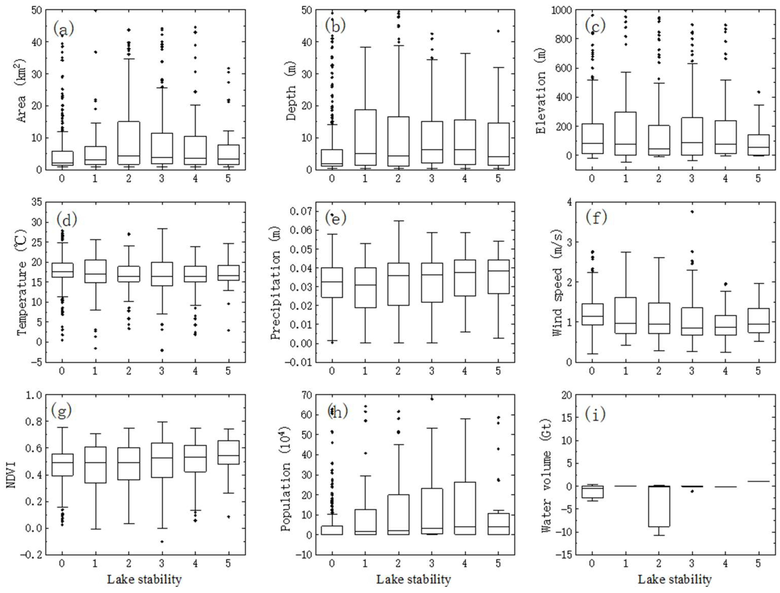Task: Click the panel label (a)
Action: (64, 28)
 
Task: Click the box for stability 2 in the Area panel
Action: (129, 143)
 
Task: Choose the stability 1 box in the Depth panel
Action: (365, 137)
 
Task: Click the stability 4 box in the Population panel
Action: (465, 508)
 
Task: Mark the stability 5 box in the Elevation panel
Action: (758, 145)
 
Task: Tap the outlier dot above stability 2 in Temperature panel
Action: (129, 234)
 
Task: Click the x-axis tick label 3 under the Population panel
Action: (431, 564)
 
